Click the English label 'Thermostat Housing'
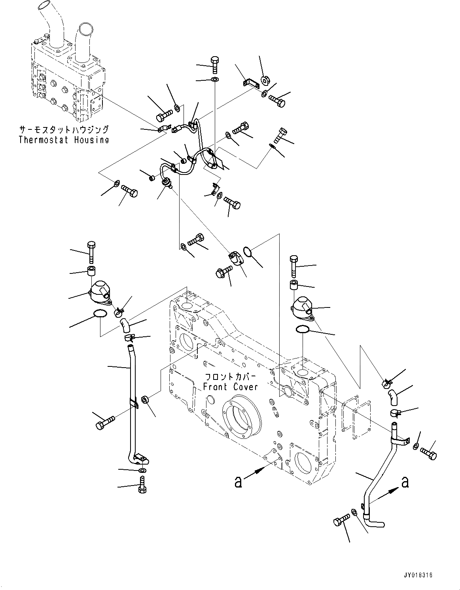pyautogui.click(x=64, y=140)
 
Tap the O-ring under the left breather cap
pyautogui.click(x=99, y=315)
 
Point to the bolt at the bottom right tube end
pyautogui.click(x=343, y=519)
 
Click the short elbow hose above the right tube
pyautogui.click(x=393, y=396)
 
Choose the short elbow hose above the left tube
pyautogui.click(x=125, y=326)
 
